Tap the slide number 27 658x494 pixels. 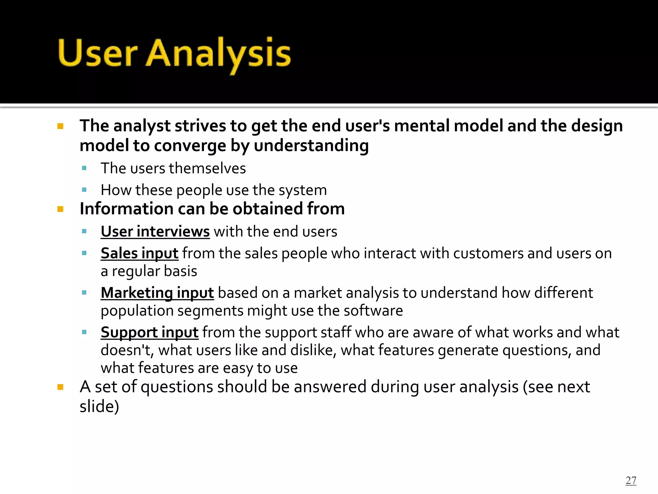click(x=631, y=480)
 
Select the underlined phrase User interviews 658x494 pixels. click(x=155, y=232)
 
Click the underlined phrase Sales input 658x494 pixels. click(x=139, y=253)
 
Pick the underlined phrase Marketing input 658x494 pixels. click(x=157, y=293)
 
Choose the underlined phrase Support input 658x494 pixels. click(x=149, y=332)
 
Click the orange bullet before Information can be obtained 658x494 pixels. click(x=60, y=209)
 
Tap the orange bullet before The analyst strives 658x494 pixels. click(x=60, y=126)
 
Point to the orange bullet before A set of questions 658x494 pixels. click(x=60, y=387)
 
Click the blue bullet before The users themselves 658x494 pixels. click(x=84, y=168)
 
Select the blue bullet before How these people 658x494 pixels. click(x=84, y=190)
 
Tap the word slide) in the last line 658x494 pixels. click(x=99, y=406)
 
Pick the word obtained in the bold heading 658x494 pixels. click(x=267, y=209)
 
